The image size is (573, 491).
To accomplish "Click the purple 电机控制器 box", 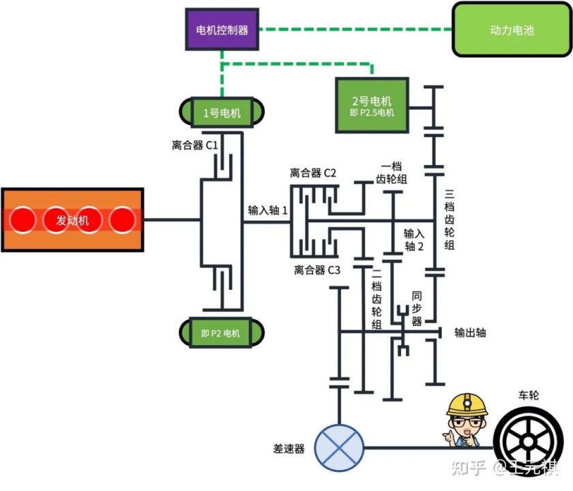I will tap(222, 30).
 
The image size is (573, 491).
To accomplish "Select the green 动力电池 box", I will tap(512, 30).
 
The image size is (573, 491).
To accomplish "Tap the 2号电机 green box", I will tap(372, 105).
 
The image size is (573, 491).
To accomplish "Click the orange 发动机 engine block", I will tap(72, 220).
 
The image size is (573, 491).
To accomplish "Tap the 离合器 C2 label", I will tap(313, 172).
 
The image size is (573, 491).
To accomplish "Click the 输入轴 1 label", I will tap(267, 211).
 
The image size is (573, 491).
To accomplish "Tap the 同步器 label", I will tap(417, 309).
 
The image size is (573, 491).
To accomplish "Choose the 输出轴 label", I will tap(471, 333).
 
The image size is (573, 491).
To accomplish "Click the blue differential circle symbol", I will tap(339, 447).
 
